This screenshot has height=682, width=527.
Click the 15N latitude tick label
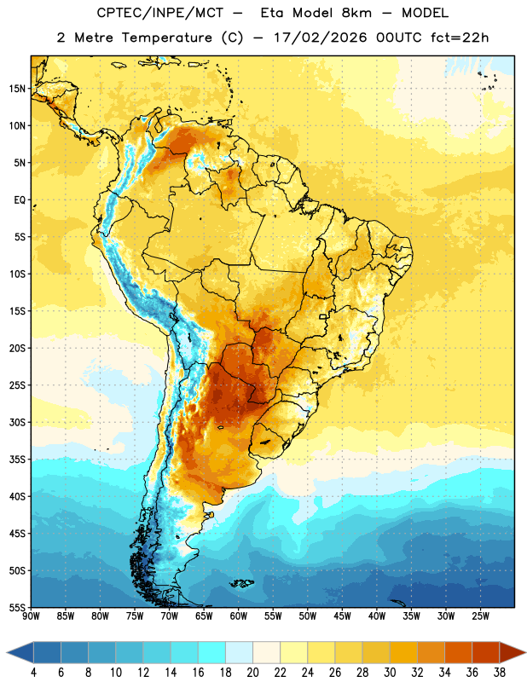17,89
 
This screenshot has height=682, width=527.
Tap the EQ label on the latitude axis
20,200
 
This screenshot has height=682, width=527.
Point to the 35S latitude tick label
17,459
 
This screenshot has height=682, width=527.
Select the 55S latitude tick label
17,607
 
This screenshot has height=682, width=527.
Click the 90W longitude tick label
31,616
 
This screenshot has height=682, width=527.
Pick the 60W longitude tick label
239,616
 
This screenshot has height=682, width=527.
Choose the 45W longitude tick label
342,616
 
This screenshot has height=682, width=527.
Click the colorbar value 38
499,673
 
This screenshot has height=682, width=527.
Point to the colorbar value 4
33,673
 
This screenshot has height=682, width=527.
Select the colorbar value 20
252,673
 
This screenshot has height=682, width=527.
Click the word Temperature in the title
166,38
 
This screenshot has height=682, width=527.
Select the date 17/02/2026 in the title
320,38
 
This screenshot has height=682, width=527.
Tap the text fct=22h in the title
460,38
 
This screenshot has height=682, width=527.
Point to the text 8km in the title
356,13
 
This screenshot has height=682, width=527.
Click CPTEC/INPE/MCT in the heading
159,13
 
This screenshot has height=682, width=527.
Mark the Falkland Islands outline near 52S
242,583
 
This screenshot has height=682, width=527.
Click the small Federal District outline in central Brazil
323,316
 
